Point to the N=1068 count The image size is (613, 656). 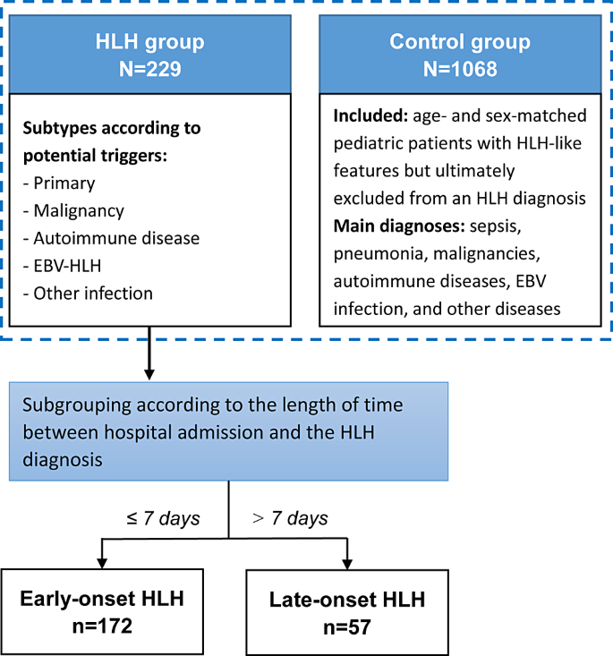point(460,68)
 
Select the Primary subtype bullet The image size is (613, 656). point(64,183)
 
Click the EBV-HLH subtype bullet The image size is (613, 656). point(71,267)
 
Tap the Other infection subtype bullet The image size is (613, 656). point(92,294)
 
